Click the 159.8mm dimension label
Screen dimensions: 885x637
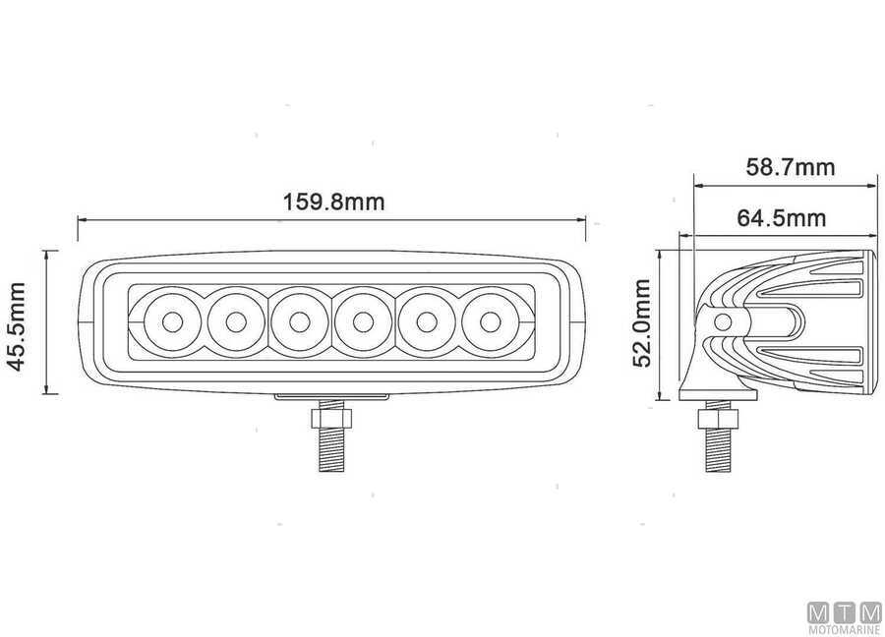pos(333,202)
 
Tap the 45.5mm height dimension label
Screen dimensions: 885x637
pos(17,326)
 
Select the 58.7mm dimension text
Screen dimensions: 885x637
pos(791,167)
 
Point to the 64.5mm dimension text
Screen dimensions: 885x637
pos(782,218)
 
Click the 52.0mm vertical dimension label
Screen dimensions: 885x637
pos(642,322)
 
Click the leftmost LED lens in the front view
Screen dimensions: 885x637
pos(172,322)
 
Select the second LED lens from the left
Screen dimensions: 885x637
pos(236,322)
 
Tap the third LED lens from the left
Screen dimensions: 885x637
pos(299,322)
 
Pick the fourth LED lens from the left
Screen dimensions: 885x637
pos(363,322)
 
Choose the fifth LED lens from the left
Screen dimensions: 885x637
pos(427,322)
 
